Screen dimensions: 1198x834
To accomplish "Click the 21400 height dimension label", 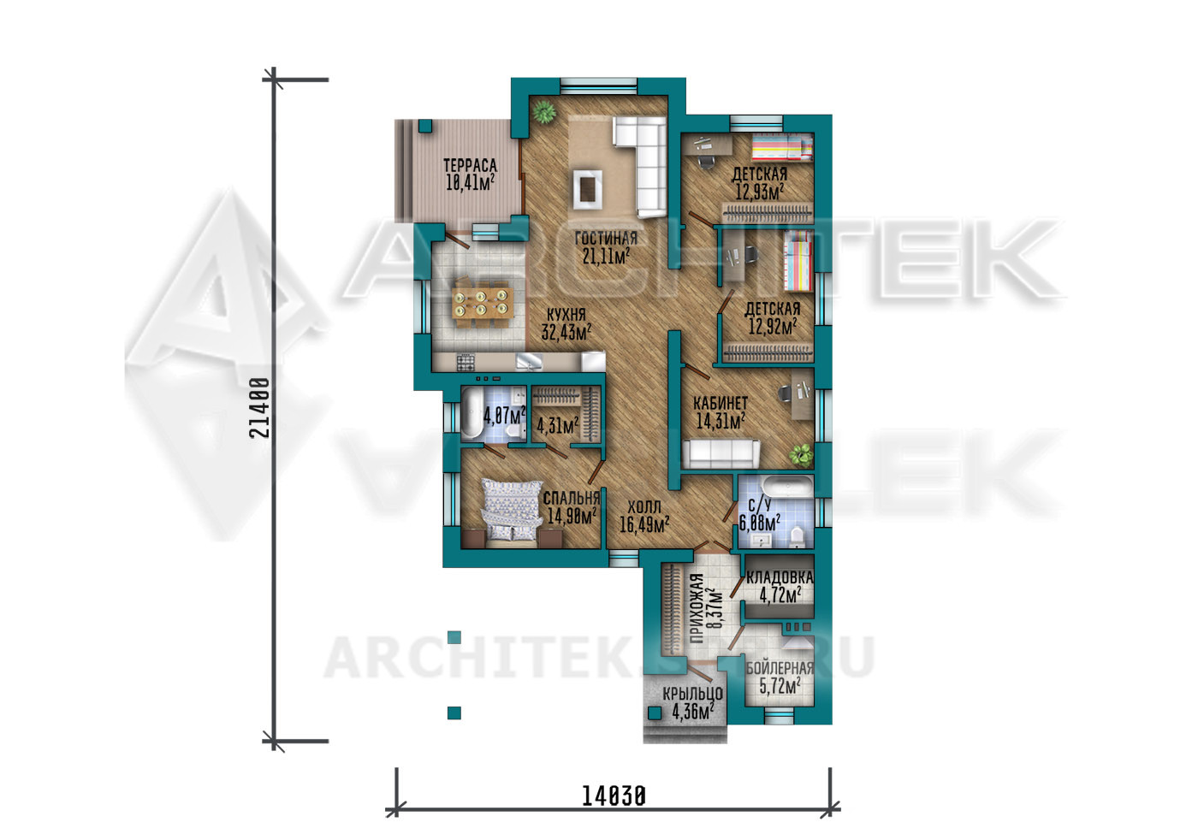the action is [258, 408].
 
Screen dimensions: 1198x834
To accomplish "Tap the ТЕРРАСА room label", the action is [470, 166].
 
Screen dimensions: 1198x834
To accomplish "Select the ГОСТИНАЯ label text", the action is [606, 239].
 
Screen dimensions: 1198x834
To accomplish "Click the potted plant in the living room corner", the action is [544, 112].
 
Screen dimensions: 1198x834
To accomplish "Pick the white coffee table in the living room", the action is [588, 189].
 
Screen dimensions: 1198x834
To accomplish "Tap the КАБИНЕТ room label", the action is [721, 402].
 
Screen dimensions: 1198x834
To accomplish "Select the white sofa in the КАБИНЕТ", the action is [721, 452].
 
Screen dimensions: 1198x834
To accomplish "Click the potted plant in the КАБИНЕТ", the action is [801, 454].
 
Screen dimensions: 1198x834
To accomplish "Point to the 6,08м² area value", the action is [759, 521].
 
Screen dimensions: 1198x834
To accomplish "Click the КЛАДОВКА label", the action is [780, 577].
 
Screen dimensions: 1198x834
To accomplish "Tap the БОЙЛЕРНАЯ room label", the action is [780, 668].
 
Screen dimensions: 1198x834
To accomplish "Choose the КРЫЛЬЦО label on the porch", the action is [692, 694].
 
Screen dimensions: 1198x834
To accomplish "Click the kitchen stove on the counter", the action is [466, 363].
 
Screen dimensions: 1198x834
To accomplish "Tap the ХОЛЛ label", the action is [643, 506].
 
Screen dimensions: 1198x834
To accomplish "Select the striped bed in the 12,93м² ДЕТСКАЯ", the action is [782, 147].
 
